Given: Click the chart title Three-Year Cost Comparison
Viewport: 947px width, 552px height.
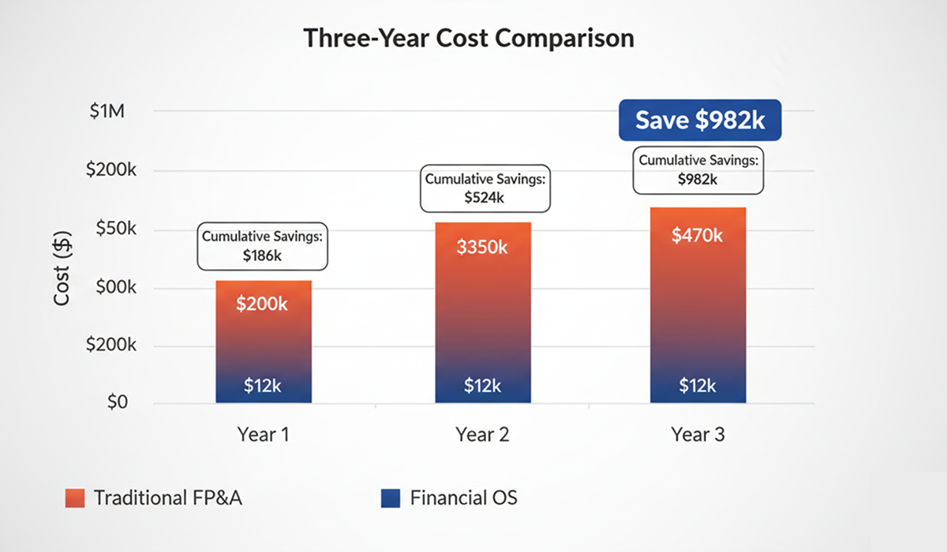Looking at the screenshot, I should tap(469, 38).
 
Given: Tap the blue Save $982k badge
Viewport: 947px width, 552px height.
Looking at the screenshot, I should tap(700, 120).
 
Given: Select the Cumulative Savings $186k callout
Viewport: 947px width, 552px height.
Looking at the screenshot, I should tap(263, 247).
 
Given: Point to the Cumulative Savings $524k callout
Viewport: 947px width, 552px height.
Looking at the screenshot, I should tap(485, 188).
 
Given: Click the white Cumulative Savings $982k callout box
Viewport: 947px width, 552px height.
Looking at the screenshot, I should tap(698, 170).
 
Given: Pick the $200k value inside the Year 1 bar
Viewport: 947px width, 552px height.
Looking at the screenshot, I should tap(262, 303).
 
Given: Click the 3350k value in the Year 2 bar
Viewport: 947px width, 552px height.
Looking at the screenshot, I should tap(482, 247).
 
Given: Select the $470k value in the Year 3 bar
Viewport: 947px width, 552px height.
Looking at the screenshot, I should tap(697, 235).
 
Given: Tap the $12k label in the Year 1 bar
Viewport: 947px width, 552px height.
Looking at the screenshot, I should tap(262, 386).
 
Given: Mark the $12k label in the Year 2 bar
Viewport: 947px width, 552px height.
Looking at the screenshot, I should tap(482, 386).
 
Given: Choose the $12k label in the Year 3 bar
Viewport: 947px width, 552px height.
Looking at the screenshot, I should tap(698, 386).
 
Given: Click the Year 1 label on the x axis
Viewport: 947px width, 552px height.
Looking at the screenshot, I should tap(262, 435).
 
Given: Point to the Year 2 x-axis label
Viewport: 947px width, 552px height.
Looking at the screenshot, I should tap(481, 435).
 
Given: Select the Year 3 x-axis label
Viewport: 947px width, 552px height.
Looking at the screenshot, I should tap(698, 435).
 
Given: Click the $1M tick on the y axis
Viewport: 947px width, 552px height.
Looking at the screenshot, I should tap(107, 111).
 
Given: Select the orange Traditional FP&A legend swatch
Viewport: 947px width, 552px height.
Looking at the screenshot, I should tap(75, 498).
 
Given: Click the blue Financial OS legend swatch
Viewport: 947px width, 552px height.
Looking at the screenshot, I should tap(391, 498).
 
